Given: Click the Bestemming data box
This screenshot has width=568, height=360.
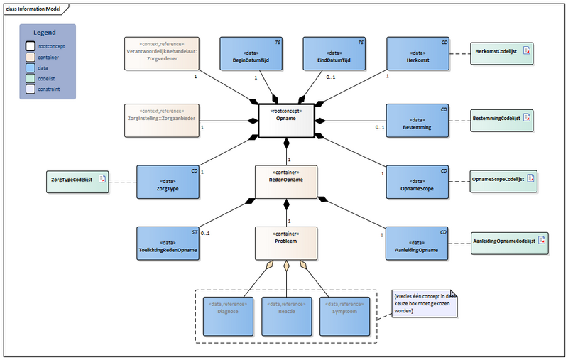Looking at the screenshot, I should tap(418, 121).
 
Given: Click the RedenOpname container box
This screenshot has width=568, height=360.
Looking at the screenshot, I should tap(286, 182).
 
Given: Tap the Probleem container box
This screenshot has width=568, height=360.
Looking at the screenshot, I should tap(286, 242).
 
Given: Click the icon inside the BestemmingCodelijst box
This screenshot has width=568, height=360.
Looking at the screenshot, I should tap(527, 119).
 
